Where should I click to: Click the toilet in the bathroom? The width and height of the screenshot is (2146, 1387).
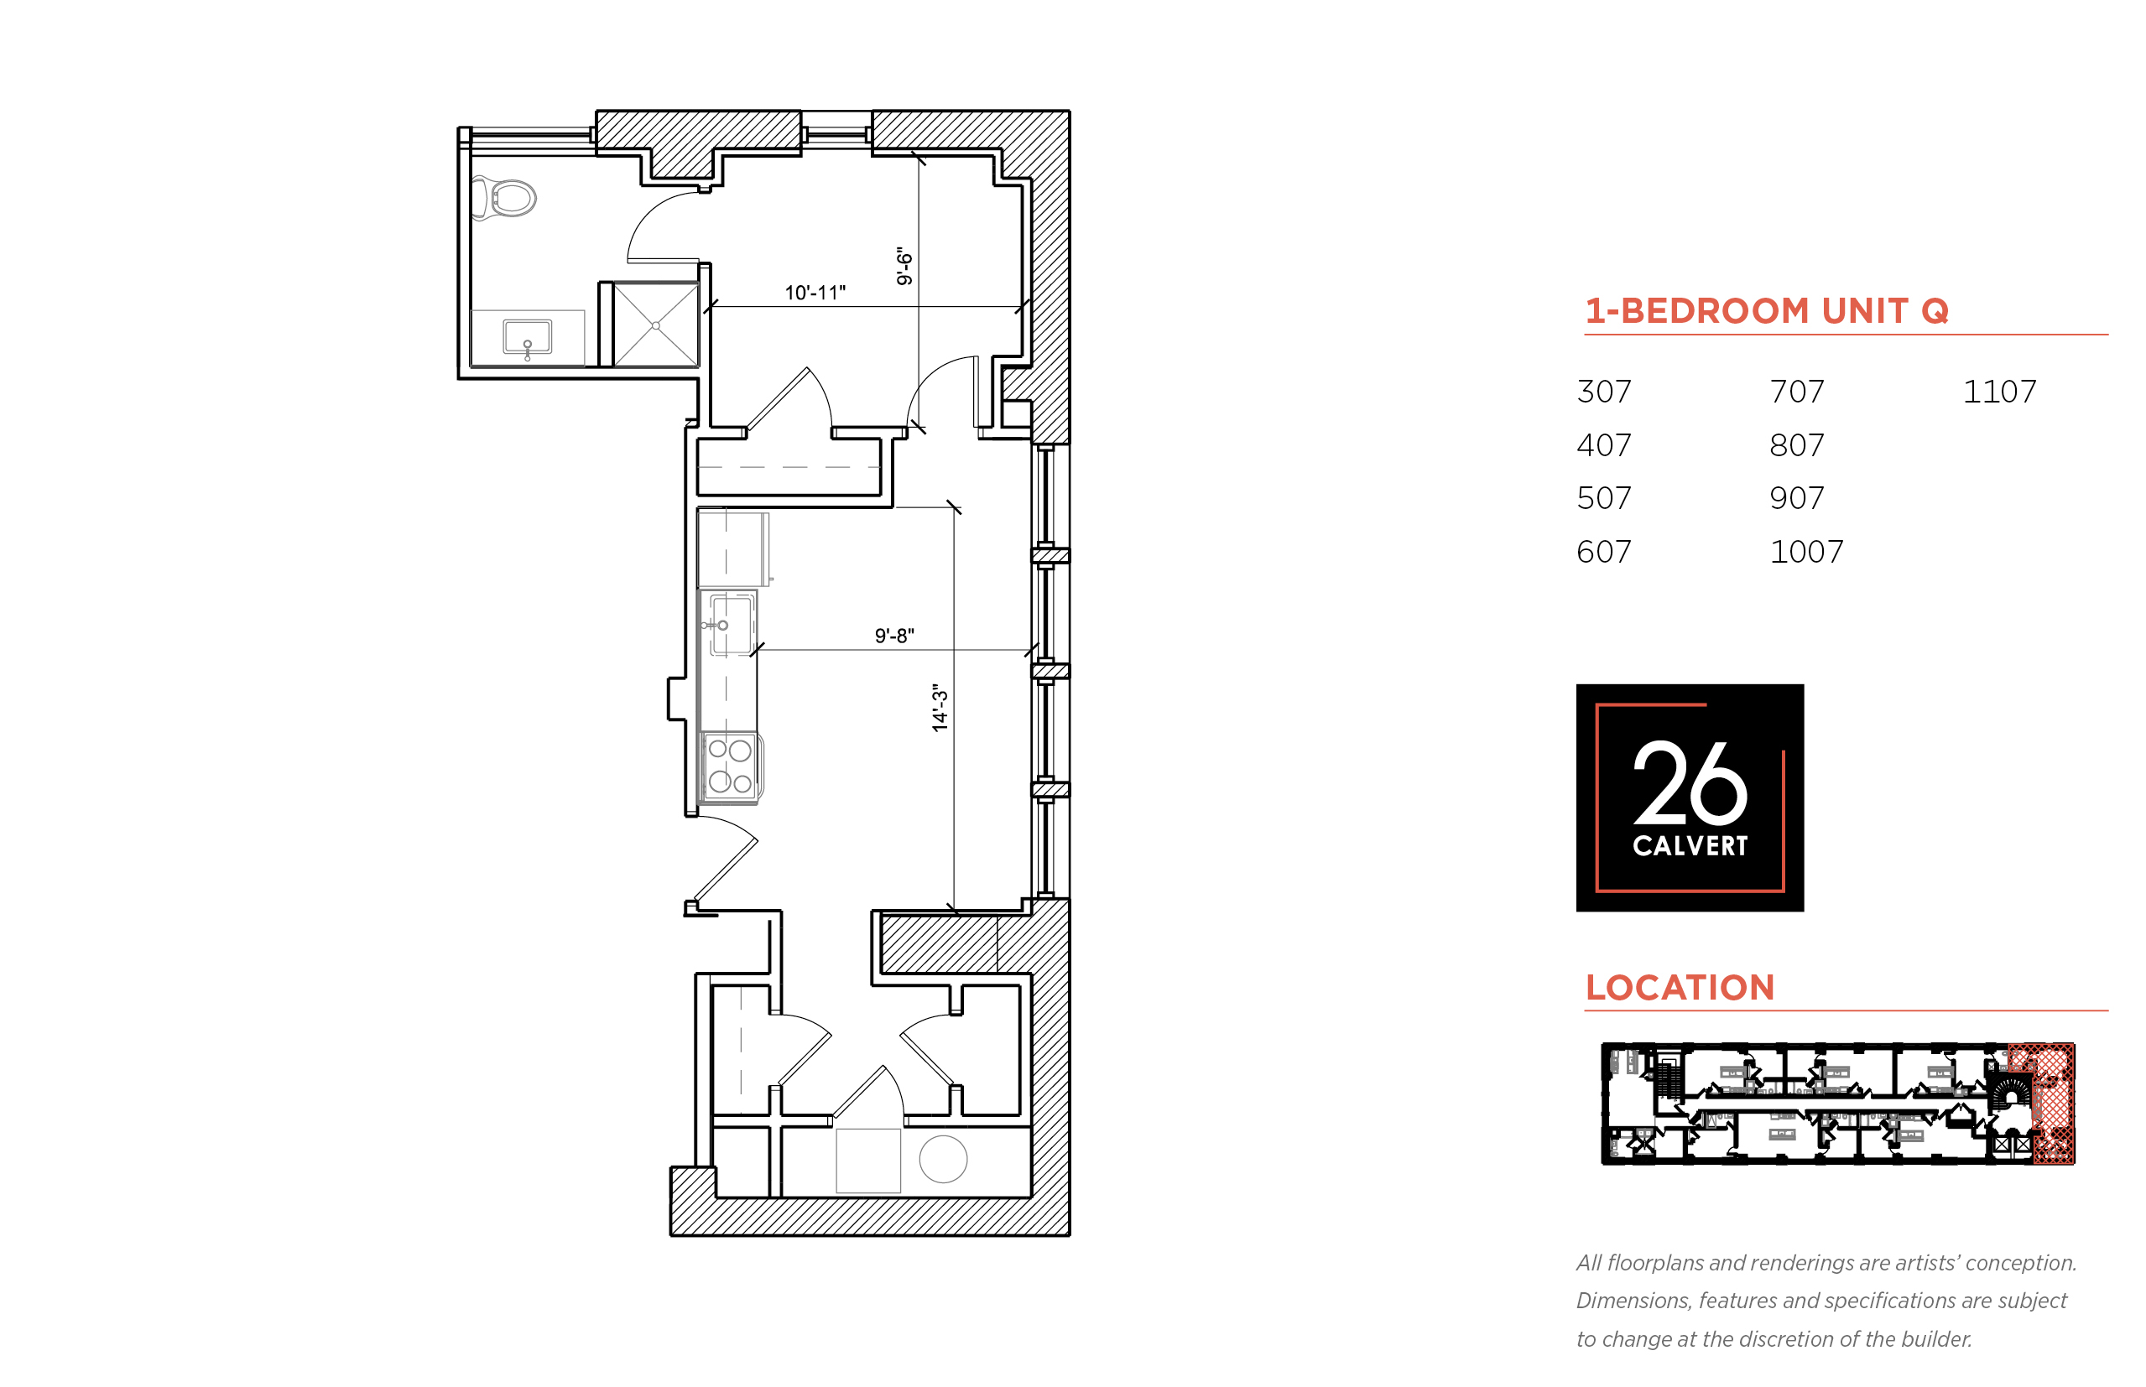click(503, 197)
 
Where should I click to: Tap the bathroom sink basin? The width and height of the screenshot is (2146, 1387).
click(527, 338)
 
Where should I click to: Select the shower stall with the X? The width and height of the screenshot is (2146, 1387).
click(655, 325)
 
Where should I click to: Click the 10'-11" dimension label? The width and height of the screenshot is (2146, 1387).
click(815, 293)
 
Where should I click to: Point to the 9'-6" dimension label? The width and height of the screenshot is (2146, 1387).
click(904, 266)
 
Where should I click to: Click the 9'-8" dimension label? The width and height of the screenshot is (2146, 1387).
click(893, 636)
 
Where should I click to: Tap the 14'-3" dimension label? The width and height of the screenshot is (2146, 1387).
click(940, 707)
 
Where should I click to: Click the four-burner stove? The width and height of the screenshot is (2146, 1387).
click(730, 766)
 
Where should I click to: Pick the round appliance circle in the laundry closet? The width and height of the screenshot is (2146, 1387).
click(942, 1159)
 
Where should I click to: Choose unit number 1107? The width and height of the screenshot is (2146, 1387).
click(1999, 392)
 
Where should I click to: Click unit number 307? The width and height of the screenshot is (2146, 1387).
click(1604, 392)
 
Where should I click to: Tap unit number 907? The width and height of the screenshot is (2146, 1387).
click(1796, 498)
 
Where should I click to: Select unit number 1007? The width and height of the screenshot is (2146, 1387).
click(1806, 551)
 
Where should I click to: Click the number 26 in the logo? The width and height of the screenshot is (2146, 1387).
click(1690, 782)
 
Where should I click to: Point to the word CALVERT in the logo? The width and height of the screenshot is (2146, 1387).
click(1690, 846)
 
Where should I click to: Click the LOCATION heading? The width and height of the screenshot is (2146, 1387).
click(1680, 988)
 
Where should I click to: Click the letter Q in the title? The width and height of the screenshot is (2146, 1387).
click(1935, 312)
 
